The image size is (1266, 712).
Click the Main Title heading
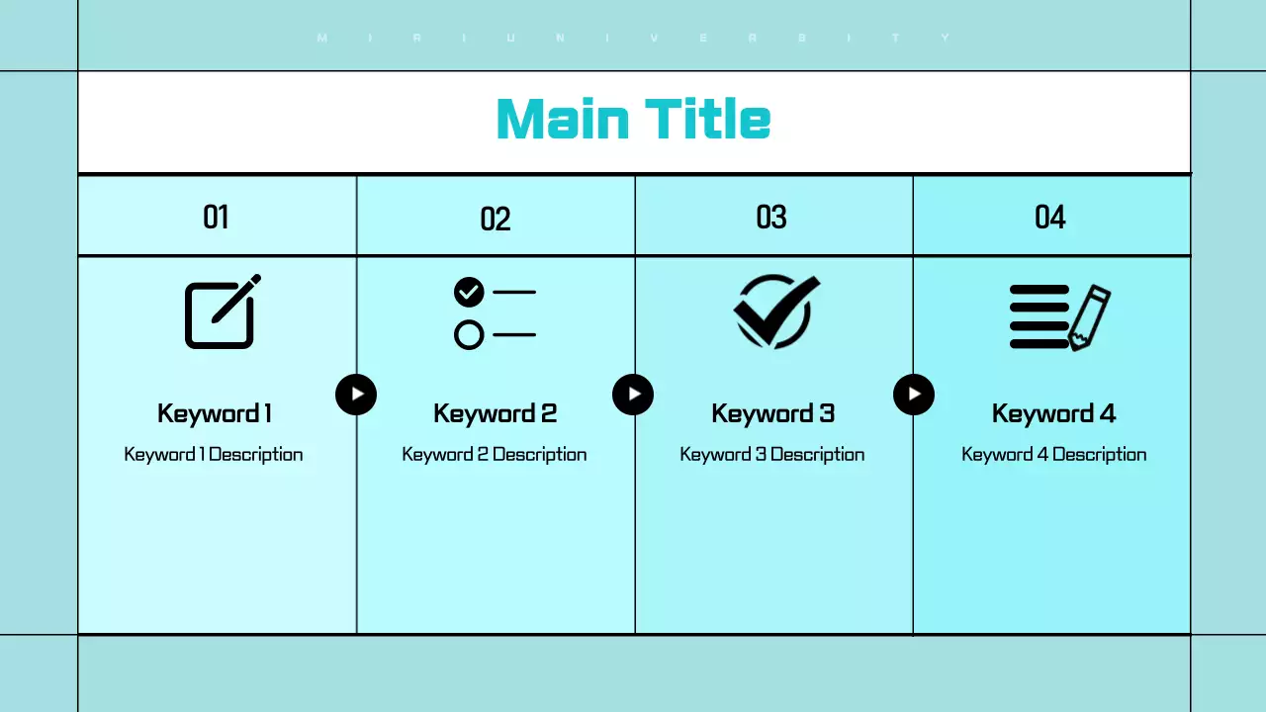[x=633, y=119]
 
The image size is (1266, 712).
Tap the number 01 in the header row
[x=216, y=217]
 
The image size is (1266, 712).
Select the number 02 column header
[x=495, y=219]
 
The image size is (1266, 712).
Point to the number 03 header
[x=771, y=217]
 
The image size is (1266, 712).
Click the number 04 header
[x=1050, y=217]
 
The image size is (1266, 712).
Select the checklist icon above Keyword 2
[x=495, y=312]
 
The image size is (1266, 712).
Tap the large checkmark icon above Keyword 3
[x=776, y=311]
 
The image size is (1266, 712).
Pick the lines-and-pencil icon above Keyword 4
[x=1059, y=317]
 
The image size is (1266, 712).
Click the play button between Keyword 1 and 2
[x=356, y=395]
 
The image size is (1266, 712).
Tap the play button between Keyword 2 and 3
[x=633, y=395]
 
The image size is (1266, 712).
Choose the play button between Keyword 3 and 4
[x=914, y=395]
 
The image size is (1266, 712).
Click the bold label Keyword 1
[x=215, y=413]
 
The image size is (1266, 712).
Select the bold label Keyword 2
[x=495, y=413]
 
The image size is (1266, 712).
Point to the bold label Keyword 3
[x=772, y=413]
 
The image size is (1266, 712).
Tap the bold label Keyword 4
[x=1053, y=413]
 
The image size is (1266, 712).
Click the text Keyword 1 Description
[x=214, y=455]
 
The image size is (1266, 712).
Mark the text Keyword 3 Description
[x=772, y=455]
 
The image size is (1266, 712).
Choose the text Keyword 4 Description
[x=1053, y=455]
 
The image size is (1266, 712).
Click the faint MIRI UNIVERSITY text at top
[x=633, y=39]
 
